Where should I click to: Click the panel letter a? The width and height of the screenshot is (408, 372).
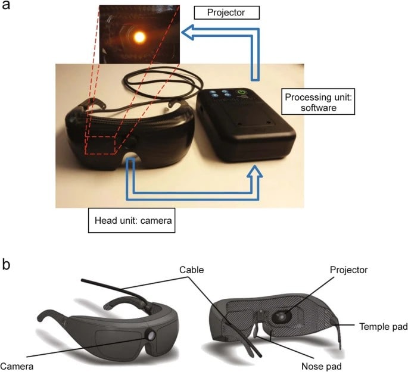click(x=6, y=5)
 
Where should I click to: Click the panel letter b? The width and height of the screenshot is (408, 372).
click(x=6, y=264)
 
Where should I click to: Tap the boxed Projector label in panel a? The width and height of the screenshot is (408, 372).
click(x=227, y=12)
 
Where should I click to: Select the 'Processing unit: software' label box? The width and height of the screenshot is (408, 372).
click(x=318, y=102)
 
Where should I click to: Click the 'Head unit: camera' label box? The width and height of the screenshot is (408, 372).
click(x=132, y=220)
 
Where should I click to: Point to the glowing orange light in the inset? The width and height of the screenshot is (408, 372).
click(x=140, y=37)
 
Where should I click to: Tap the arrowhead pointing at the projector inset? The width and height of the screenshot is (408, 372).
click(x=188, y=32)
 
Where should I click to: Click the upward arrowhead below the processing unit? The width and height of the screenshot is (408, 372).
click(x=255, y=172)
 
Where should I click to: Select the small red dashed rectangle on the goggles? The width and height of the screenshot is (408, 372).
click(x=101, y=145)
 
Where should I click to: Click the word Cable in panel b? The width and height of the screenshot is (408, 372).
click(x=192, y=270)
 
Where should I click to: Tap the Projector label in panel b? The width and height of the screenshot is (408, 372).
click(x=348, y=270)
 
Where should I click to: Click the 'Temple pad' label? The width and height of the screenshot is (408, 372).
click(x=383, y=327)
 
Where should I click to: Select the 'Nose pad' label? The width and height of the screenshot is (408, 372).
click(x=322, y=366)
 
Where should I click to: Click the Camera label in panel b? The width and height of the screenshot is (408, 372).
click(x=17, y=366)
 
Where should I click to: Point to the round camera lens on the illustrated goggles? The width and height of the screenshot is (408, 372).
click(x=151, y=336)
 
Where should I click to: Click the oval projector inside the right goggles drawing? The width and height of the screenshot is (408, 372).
click(x=282, y=317)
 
